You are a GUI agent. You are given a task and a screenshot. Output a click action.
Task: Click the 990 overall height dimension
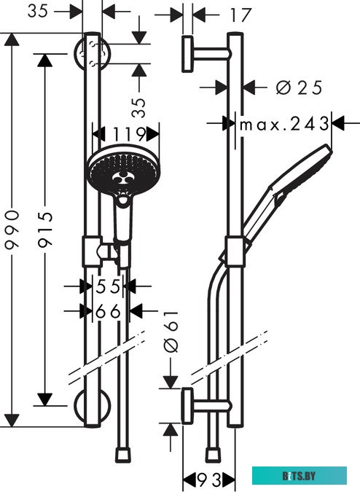pyautogui.click(x=12, y=230)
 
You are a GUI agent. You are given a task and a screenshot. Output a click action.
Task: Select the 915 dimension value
pyautogui.click(x=45, y=230)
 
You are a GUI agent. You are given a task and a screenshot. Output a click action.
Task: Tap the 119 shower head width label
pyautogui.click(x=129, y=134)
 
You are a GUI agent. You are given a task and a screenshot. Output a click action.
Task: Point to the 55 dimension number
pyautogui.click(x=108, y=286)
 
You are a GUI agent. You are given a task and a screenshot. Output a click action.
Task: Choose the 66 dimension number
pyautogui.click(x=108, y=311)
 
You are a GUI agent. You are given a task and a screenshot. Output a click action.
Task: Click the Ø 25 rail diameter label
pyautogui.click(x=299, y=87)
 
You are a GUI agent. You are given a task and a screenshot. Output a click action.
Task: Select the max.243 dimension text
pyautogui.click(x=283, y=124)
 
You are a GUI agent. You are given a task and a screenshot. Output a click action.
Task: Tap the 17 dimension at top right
pyautogui.click(x=240, y=15)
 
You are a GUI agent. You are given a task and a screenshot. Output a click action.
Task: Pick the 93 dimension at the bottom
pyautogui.click(x=209, y=480)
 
